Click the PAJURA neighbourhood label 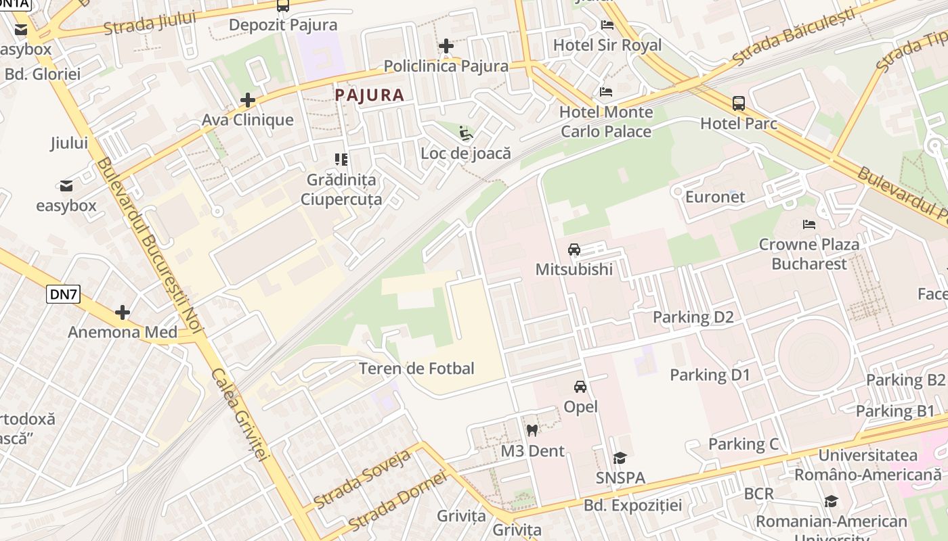[x=370, y=95]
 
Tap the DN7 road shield [x=64, y=293]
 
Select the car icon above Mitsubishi [x=574, y=250]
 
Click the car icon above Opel [x=580, y=387]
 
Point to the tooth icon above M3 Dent [x=532, y=430]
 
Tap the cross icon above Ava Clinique [x=248, y=101]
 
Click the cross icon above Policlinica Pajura [x=446, y=46]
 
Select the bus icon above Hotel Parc [x=739, y=103]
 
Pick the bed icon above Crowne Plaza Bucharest [x=809, y=225]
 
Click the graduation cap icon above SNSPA [x=620, y=458]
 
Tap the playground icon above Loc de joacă [x=465, y=133]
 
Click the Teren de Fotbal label [x=416, y=369]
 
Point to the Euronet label [x=715, y=197]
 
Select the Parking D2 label [x=693, y=317]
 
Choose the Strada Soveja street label [x=363, y=479]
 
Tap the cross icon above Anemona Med [x=123, y=312]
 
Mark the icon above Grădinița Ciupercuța [x=341, y=160]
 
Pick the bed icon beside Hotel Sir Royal [x=607, y=25]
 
